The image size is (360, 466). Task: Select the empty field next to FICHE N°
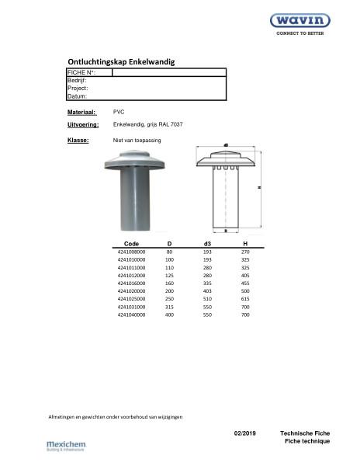click(x=169, y=72)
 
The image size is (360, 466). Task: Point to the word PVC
click(x=119, y=113)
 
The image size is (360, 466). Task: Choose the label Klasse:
click(x=78, y=141)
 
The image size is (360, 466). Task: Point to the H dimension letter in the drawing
click(x=258, y=187)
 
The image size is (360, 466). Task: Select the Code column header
click(x=132, y=244)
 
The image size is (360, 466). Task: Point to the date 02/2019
click(x=244, y=432)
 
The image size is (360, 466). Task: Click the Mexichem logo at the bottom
click(x=66, y=446)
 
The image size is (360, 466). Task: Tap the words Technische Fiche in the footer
click(x=305, y=432)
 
